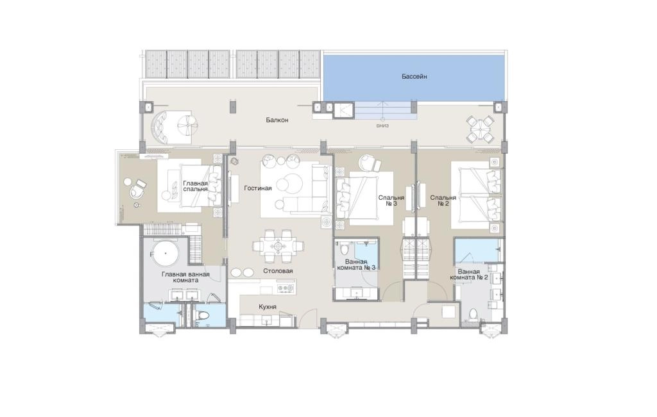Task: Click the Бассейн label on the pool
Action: coord(414,76)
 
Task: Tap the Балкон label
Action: coord(277,120)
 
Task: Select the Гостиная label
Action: coord(258,188)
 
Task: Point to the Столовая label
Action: coord(278,271)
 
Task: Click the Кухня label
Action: coord(268,307)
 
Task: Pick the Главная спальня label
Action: coord(195,186)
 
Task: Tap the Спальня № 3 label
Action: coord(391,200)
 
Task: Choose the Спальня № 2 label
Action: coord(443,200)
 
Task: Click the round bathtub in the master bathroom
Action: coord(166,254)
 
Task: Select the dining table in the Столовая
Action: coord(278,247)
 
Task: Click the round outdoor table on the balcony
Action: coord(480,129)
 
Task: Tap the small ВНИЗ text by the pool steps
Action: coord(382,126)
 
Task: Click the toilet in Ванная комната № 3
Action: coord(345,250)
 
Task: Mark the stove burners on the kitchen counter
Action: coord(286,288)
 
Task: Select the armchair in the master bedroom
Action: coord(137,190)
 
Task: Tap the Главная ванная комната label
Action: coord(185,277)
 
